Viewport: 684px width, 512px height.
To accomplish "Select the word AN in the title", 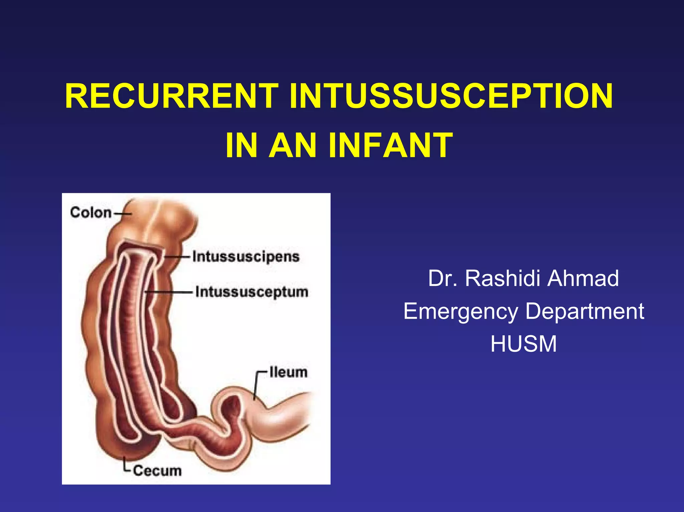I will pyautogui.click(x=293, y=146).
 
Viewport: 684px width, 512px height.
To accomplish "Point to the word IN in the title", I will pyautogui.click(x=241, y=146).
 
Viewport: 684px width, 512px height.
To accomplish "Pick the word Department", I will pyautogui.click(x=584, y=311).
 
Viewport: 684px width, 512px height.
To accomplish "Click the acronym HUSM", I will pyautogui.click(x=523, y=344).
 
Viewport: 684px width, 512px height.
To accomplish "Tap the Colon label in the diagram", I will pyautogui.click(x=91, y=213).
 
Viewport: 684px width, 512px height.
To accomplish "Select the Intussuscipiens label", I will pyautogui.click(x=245, y=257).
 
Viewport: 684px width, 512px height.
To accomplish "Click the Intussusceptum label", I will pyautogui.click(x=251, y=292).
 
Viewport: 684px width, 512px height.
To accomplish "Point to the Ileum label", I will pyautogui.click(x=288, y=372).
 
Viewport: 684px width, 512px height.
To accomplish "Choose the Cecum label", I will pyautogui.click(x=157, y=471).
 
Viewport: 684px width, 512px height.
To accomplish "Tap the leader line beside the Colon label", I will pyautogui.click(x=122, y=213).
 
